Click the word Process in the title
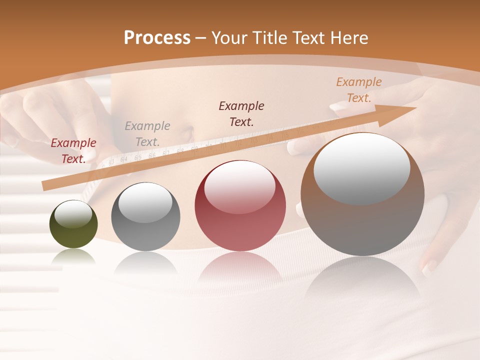tap(157, 38)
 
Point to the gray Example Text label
tap(147, 134)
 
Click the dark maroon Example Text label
tap(241, 114)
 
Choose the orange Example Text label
tap(359, 90)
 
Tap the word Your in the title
tap(228, 38)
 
